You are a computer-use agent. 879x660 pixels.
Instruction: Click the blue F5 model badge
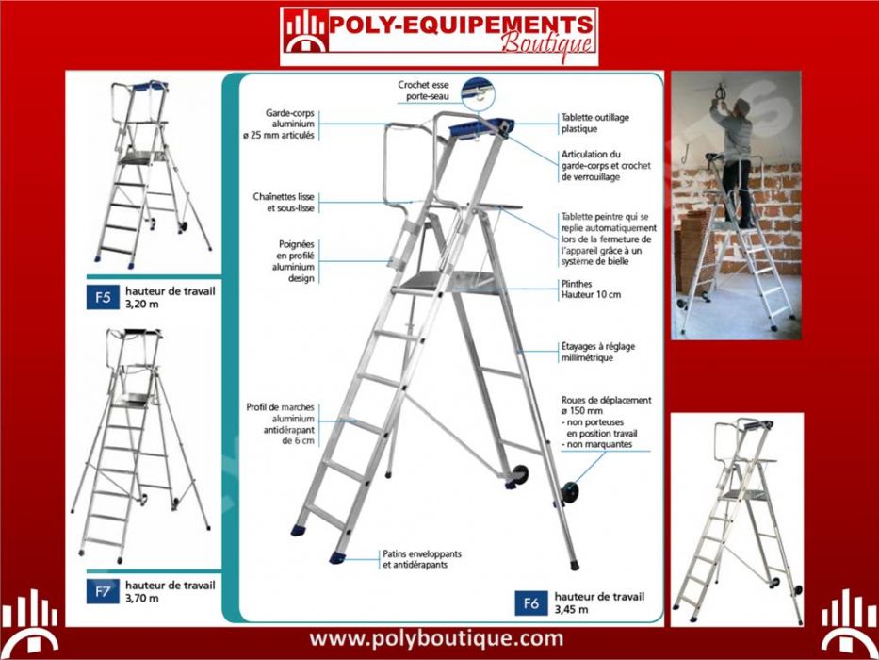(103, 297)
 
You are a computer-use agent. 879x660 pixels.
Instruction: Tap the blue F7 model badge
(103, 591)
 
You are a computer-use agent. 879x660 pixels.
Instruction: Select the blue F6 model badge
(530, 603)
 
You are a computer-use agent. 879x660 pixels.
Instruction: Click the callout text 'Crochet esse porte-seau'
(423, 91)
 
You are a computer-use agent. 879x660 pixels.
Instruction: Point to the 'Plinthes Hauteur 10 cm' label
(591, 289)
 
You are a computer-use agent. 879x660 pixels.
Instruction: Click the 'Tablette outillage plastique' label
(594, 123)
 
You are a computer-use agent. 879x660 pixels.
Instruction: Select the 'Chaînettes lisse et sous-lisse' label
(284, 203)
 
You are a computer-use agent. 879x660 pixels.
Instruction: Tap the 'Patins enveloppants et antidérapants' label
(422, 559)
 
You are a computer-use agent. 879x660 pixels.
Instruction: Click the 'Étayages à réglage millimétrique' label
(598, 352)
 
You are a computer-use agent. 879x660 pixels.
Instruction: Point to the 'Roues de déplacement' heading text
(606, 400)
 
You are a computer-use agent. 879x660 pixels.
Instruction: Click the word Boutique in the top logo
(546, 43)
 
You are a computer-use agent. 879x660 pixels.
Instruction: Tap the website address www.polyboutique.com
(436, 638)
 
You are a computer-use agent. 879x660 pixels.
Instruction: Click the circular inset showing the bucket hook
(479, 93)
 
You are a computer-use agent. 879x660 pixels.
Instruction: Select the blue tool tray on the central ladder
(481, 127)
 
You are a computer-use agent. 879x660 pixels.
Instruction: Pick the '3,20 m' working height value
(142, 304)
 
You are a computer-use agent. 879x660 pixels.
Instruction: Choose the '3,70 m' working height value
(142, 598)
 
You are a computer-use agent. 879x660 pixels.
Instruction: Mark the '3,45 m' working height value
(571, 609)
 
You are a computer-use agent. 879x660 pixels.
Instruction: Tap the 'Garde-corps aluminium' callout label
(289, 118)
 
